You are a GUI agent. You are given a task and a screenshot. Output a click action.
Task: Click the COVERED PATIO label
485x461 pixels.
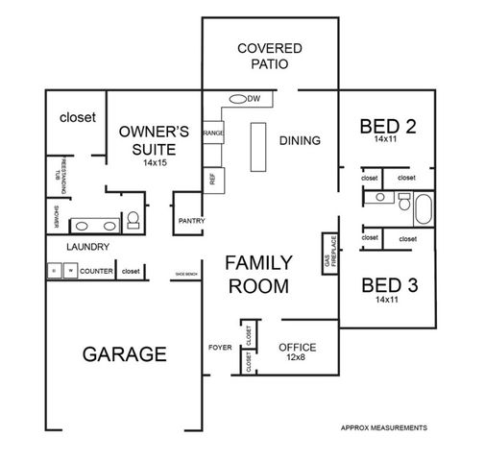coord(269,56)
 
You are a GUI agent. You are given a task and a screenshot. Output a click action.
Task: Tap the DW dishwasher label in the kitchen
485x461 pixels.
coord(255,99)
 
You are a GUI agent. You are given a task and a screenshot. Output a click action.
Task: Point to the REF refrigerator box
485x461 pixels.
coord(211,179)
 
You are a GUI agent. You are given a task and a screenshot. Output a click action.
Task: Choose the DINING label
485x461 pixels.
coord(300,141)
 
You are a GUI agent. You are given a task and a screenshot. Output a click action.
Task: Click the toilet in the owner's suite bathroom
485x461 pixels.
coord(133,220)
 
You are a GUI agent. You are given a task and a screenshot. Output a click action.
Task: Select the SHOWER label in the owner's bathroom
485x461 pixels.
coord(56,217)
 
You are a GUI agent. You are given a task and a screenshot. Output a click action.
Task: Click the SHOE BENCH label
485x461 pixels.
coord(186,275)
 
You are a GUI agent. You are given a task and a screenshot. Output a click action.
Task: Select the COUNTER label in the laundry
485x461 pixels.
coord(97,272)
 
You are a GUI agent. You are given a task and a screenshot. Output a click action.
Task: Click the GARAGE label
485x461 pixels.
coord(124,353)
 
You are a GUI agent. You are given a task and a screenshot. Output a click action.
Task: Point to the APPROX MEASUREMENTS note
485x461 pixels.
coord(384,427)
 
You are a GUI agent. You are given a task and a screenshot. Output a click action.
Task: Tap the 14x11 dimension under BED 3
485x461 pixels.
coord(386,301)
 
